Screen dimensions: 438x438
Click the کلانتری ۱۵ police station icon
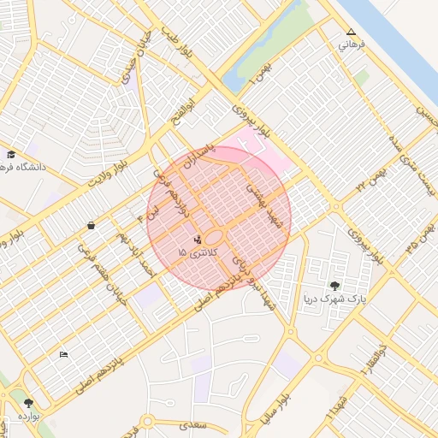pos(198,238)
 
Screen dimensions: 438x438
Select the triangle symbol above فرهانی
pos(351,33)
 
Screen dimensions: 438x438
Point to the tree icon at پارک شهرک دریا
pos(334,286)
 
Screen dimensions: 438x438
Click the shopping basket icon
pos(91,226)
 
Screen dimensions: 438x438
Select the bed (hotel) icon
pos(63,354)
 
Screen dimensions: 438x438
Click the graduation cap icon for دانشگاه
pos(11,155)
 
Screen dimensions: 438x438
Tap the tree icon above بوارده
pos(29,401)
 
